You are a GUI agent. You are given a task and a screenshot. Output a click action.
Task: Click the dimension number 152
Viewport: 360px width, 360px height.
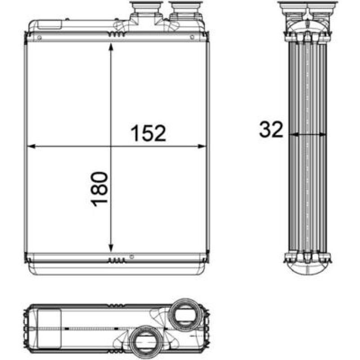(x=148, y=133)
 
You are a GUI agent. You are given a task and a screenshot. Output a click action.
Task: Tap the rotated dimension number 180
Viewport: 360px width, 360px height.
(x=99, y=189)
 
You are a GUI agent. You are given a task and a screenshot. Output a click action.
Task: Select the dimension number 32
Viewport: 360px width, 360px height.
(x=271, y=129)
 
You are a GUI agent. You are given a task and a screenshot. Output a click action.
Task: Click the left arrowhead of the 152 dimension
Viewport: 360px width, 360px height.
(x=31, y=146)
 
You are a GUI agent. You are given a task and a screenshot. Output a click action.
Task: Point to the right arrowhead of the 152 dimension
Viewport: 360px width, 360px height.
(x=202, y=146)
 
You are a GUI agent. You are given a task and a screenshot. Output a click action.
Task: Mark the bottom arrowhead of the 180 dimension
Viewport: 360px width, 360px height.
(x=111, y=248)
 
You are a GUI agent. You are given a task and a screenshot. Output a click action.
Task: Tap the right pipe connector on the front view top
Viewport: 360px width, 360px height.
(x=186, y=11)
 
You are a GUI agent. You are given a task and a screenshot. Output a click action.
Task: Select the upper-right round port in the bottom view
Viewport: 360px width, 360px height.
(x=184, y=315)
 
